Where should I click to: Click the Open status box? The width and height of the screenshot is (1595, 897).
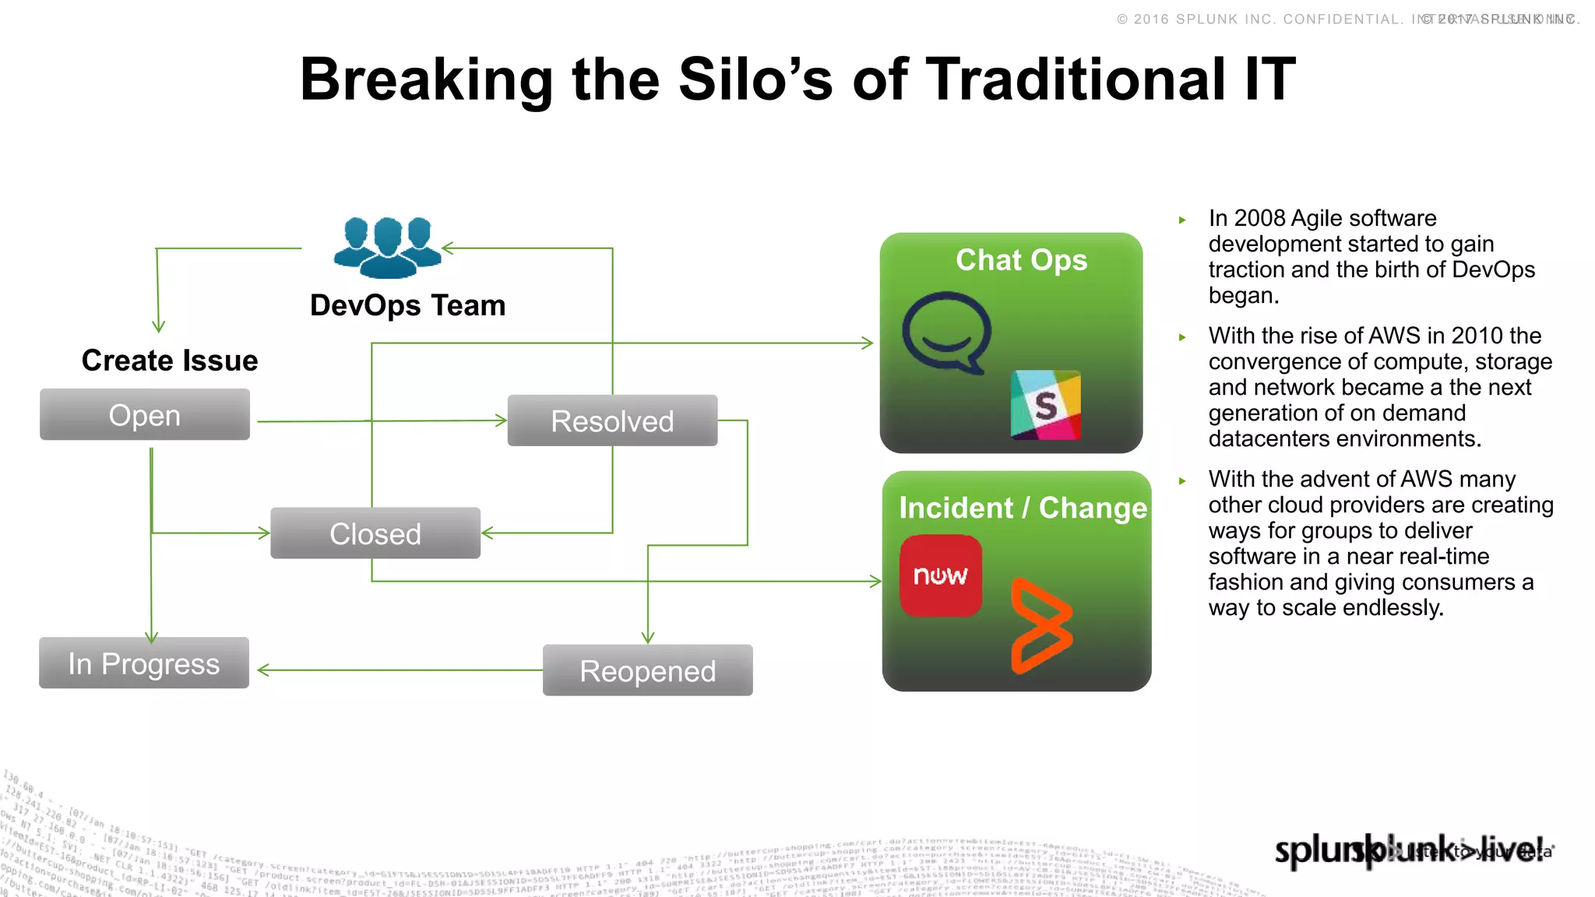(x=145, y=415)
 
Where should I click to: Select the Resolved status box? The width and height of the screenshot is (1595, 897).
(x=612, y=421)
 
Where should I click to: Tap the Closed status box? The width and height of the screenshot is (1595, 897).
(x=375, y=533)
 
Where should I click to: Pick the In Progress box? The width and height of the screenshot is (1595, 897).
(x=144, y=663)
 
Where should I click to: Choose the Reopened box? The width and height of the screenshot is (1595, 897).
(x=647, y=670)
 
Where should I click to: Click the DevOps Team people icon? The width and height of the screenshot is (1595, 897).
(x=387, y=248)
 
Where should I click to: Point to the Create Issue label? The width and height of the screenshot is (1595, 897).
(x=170, y=361)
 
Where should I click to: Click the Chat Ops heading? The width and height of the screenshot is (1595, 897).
(x=1021, y=260)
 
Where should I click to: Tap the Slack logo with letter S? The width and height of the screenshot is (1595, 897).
(x=1045, y=405)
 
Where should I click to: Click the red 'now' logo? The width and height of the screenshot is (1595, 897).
(x=941, y=575)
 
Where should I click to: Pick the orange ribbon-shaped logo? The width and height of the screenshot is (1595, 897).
(x=1041, y=625)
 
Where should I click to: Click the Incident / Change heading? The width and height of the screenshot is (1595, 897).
(x=1023, y=508)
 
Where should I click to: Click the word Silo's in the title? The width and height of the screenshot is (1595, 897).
(x=755, y=79)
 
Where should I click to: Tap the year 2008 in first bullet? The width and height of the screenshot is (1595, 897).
(x=1259, y=218)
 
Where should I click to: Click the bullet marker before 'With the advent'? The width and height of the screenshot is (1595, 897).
(x=1182, y=481)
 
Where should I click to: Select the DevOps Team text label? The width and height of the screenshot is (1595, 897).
(x=407, y=305)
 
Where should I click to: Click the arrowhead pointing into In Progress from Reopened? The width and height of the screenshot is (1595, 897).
(x=263, y=670)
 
